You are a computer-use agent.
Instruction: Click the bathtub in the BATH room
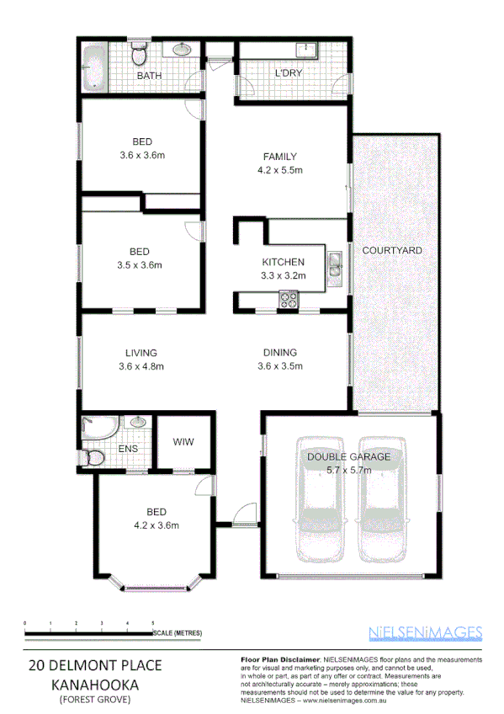tap(93, 67)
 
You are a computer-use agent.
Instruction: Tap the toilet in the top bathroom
tap(141, 56)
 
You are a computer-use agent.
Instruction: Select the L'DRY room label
tap(289, 73)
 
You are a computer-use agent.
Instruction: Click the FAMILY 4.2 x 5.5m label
tap(279, 163)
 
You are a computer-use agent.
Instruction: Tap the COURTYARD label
tap(391, 251)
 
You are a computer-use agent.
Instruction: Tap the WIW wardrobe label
tap(183, 442)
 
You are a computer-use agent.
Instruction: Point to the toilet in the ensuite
tap(95, 458)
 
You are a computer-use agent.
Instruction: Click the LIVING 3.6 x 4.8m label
tap(141, 359)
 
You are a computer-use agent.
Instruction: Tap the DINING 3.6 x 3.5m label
tap(279, 359)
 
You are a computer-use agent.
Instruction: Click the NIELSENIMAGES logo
tap(425, 633)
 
